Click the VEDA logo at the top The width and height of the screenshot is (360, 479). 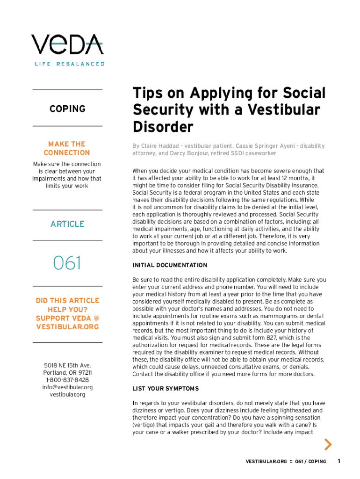click(x=67, y=44)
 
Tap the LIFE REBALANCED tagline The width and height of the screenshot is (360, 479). click(x=69, y=64)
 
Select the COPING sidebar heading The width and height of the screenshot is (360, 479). click(x=67, y=109)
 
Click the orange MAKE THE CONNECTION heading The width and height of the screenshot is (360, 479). click(x=67, y=148)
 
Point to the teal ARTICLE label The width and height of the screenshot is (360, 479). click(x=67, y=224)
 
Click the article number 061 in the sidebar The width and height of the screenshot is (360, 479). click(x=67, y=263)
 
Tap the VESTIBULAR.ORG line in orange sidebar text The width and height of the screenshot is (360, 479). click(x=67, y=327)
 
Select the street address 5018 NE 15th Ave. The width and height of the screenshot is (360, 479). click(x=67, y=365)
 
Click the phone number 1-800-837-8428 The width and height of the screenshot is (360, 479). click(x=67, y=380)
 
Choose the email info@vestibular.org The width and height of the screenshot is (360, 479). click(x=67, y=387)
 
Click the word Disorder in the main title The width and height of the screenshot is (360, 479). click(x=163, y=127)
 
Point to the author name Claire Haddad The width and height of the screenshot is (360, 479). click(x=160, y=146)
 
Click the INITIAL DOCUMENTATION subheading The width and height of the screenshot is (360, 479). click(x=170, y=265)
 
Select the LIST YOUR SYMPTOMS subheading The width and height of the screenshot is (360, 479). click(x=166, y=389)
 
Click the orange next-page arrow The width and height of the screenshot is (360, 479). click(x=328, y=444)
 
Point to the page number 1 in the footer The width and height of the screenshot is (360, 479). click(x=339, y=461)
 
